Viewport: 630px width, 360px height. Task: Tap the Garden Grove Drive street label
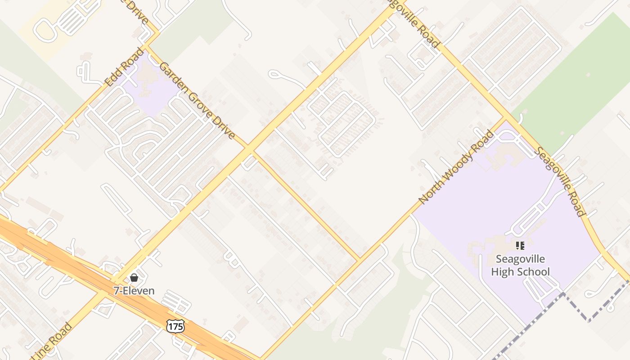click(197, 100)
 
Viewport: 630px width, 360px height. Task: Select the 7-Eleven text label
click(134, 291)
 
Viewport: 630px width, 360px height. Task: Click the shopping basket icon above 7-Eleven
click(134, 278)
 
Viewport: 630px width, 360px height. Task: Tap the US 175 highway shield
click(175, 326)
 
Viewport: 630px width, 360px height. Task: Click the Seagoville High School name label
click(520, 265)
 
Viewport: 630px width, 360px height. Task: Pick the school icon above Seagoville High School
click(520, 245)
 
